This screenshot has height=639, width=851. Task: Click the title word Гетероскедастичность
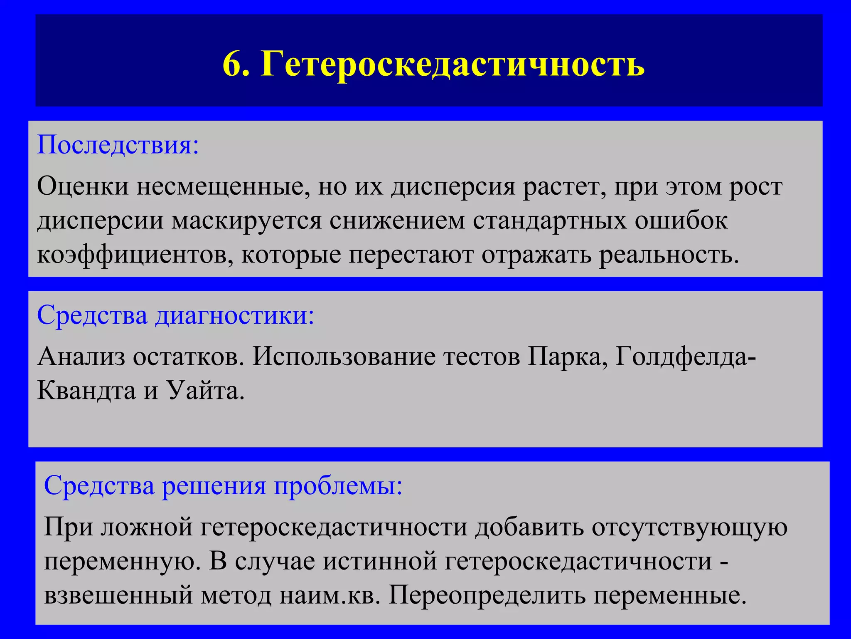tap(453, 64)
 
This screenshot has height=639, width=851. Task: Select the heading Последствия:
tap(118, 145)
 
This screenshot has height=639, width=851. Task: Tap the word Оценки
tap(83, 186)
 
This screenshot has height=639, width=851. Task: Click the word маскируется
tap(246, 220)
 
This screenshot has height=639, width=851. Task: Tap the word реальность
tap(669, 255)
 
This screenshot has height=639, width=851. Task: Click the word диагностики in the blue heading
tap(235, 315)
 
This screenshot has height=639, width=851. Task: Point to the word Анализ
tap(81, 357)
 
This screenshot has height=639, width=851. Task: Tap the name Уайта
tap(206, 390)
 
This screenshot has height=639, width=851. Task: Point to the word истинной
tap(380, 561)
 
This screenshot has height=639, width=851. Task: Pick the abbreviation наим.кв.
tap(330, 595)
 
